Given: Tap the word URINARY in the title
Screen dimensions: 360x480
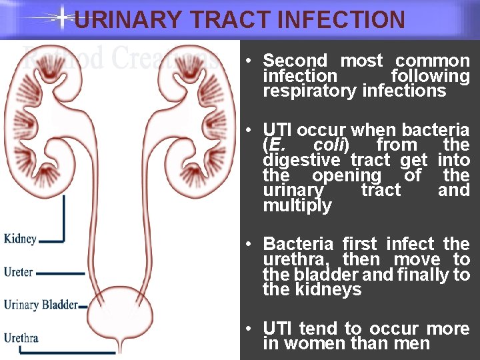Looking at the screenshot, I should (127, 19).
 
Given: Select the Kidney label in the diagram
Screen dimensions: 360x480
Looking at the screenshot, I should (20, 239).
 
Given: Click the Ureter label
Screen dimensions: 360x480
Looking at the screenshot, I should (18, 272).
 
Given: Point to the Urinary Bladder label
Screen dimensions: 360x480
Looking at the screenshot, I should (40, 305).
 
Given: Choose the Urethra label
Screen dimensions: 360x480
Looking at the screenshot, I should (21, 337).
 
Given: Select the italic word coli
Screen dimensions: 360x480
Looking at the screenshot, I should (329, 145).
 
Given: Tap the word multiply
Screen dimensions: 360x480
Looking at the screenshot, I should (297, 206).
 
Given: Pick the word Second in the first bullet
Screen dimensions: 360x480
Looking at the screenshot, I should (295, 61).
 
